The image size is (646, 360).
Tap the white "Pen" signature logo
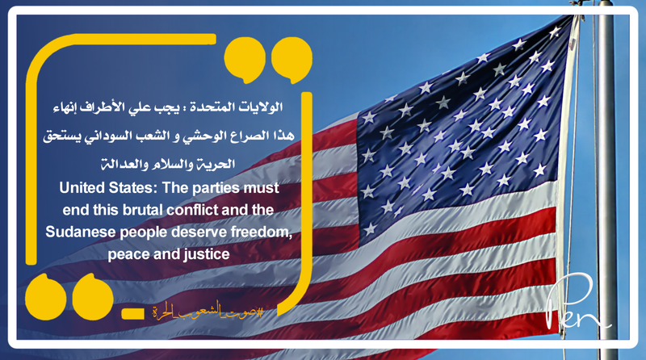[x=577, y=311]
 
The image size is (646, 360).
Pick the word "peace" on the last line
[x=127, y=253]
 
